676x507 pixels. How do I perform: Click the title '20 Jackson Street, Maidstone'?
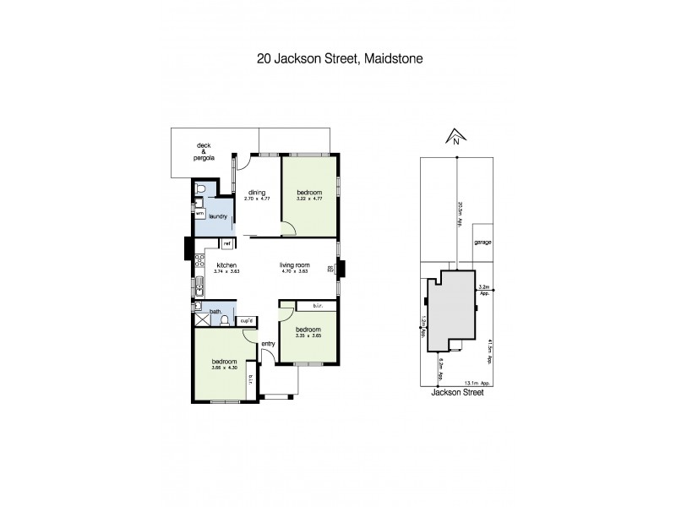[337, 60]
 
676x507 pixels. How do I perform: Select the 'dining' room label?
[257, 193]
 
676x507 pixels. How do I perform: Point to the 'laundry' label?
[219, 216]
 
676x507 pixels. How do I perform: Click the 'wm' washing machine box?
[199, 214]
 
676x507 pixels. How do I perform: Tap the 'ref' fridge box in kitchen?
[227, 243]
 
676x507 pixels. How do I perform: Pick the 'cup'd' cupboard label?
[247, 320]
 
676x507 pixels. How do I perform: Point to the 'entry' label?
[269, 344]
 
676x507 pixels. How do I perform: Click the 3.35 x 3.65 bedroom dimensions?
[308, 335]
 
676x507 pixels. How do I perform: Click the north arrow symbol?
[455, 138]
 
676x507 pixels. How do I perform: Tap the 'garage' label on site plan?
[482, 242]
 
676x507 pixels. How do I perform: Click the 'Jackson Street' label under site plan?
[455, 392]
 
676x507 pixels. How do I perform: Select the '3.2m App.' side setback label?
[484, 290]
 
